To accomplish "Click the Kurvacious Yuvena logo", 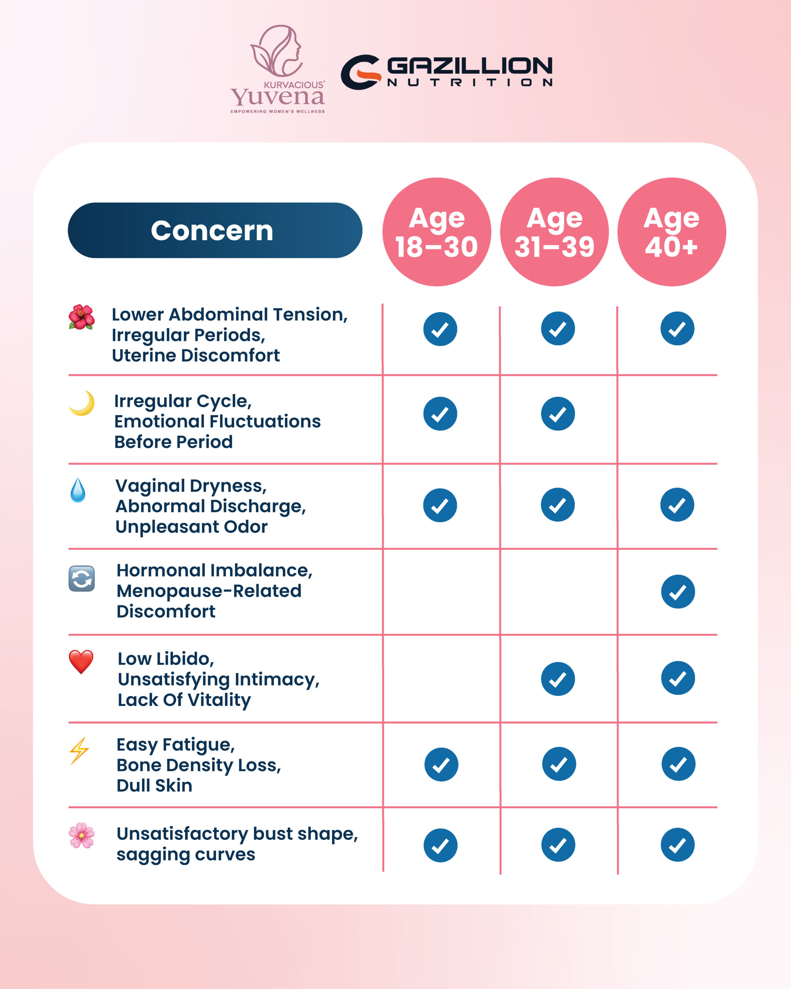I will pyautogui.click(x=278, y=69).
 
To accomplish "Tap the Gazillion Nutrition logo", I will pyautogui.click(x=446, y=71).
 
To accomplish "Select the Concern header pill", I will pyautogui.click(x=215, y=230).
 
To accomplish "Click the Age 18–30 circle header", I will pyautogui.click(x=436, y=232).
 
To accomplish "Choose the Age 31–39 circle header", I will pyautogui.click(x=554, y=232).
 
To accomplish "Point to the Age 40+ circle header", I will pyautogui.click(x=671, y=232).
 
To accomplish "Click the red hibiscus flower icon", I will pyautogui.click(x=81, y=316).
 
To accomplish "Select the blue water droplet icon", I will pyautogui.click(x=78, y=490).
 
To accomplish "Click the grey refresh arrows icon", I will pyautogui.click(x=81, y=578).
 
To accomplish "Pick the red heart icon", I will pyautogui.click(x=81, y=661).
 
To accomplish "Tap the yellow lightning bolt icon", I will pyautogui.click(x=79, y=751).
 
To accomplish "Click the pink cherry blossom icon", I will pyautogui.click(x=81, y=835).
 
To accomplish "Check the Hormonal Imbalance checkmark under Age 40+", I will pyautogui.click(x=678, y=592).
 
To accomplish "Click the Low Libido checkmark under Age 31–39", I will pyautogui.click(x=558, y=679).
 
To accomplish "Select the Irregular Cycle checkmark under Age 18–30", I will pyautogui.click(x=440, y=414).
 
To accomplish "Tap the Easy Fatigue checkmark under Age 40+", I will pyautogui.click(x=678, y=764).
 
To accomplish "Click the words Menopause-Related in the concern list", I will pyautogui.click(x=209, y=591).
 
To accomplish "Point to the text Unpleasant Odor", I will pyautogui.click(x=191, y=527).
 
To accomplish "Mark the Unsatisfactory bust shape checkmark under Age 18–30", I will pyautogui.click(x=440, y=845).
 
